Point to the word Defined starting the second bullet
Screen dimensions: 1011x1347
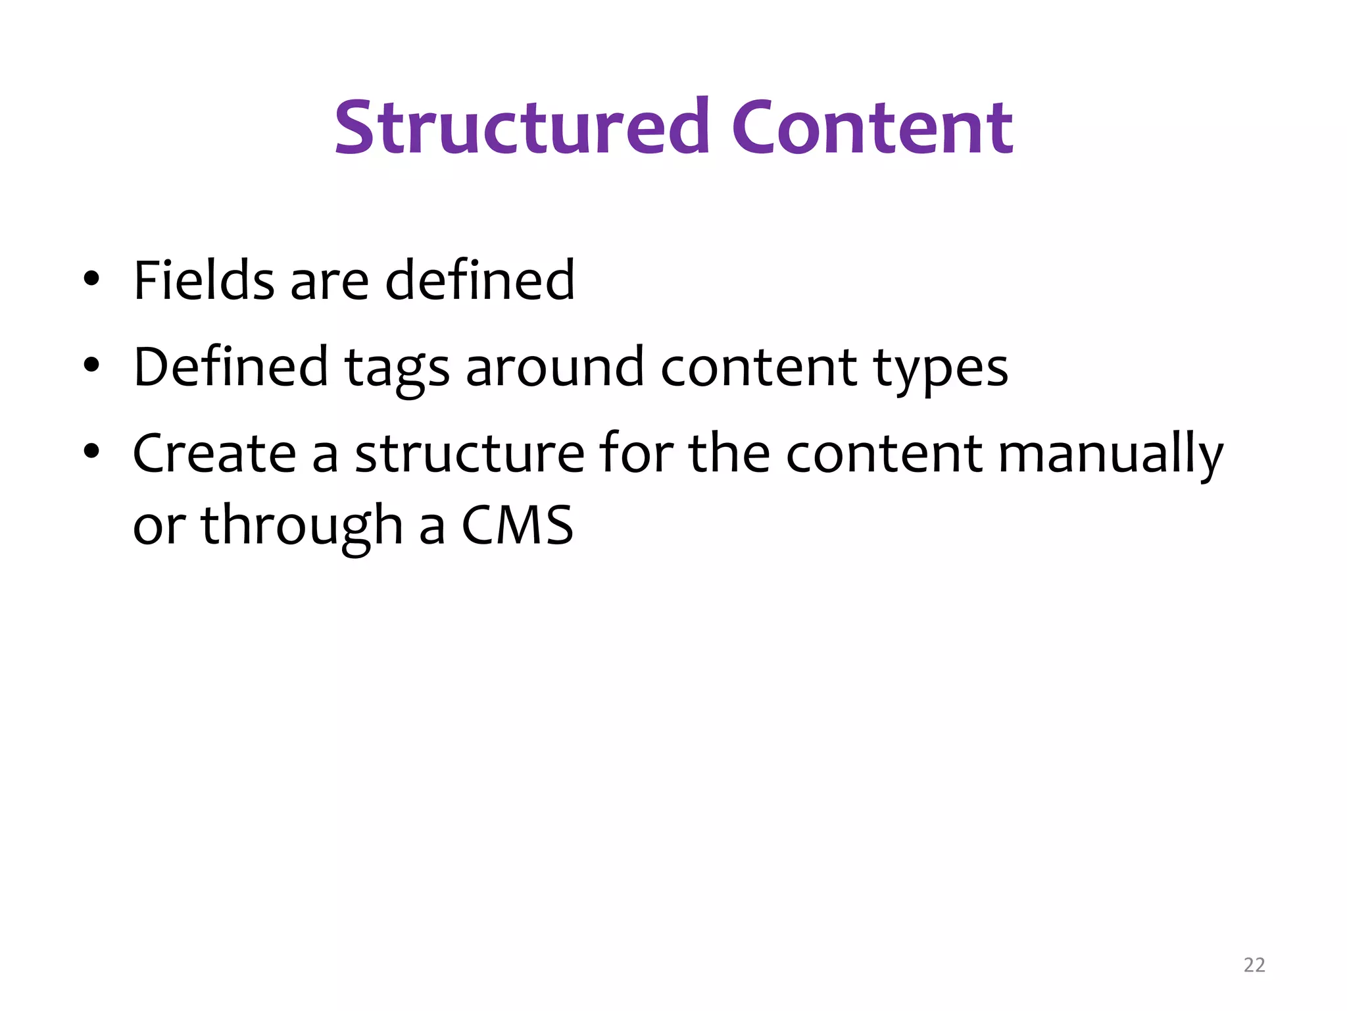pos(230,367)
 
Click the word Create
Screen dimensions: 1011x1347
pos(214,454)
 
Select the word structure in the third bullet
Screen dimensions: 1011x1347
pos(470,454)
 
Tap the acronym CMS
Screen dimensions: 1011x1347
pos(517,525)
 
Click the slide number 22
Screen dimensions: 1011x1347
pos(1254,965)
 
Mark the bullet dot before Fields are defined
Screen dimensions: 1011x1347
pos(91,279)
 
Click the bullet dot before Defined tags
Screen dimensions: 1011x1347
pos(91,365)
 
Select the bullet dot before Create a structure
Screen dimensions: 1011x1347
pos(91,452)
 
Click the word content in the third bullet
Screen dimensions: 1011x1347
pos(884,454)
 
